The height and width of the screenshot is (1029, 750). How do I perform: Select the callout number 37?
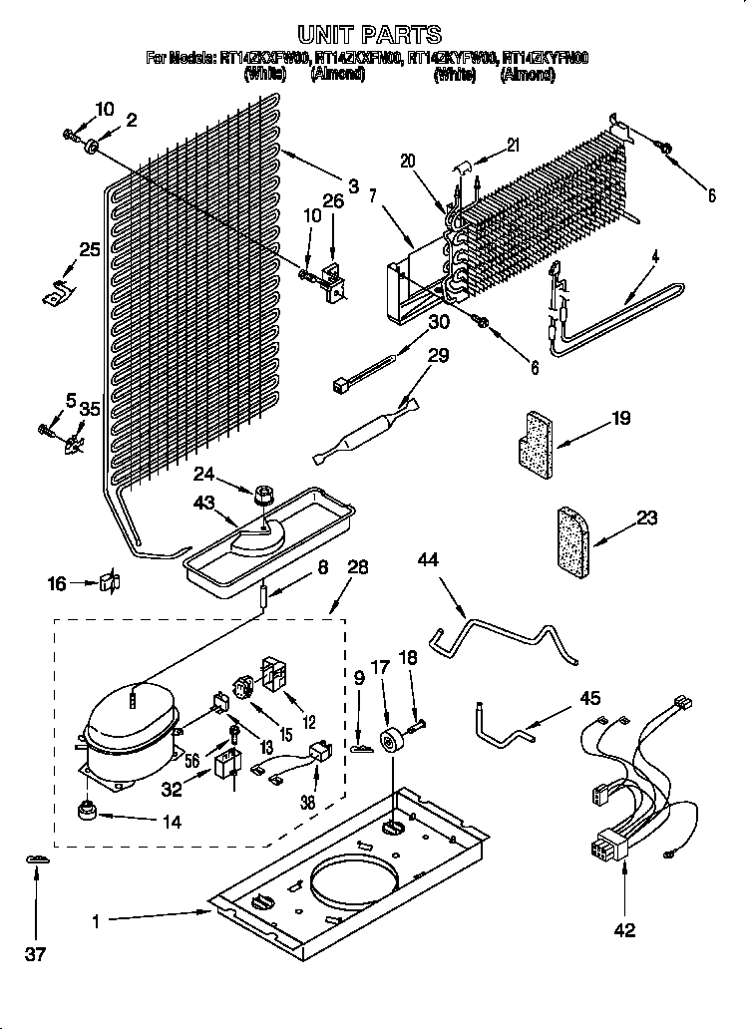click(36, 954)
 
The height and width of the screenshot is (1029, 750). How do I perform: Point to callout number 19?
click(620, 420)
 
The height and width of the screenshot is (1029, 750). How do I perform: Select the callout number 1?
click(97, 922)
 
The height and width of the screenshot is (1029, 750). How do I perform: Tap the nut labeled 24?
click(265, 493)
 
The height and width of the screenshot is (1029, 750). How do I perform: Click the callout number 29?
click(438, 356)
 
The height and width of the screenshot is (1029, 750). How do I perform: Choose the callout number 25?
click(90, 250)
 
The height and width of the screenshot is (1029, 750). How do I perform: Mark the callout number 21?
click(513, 145)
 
